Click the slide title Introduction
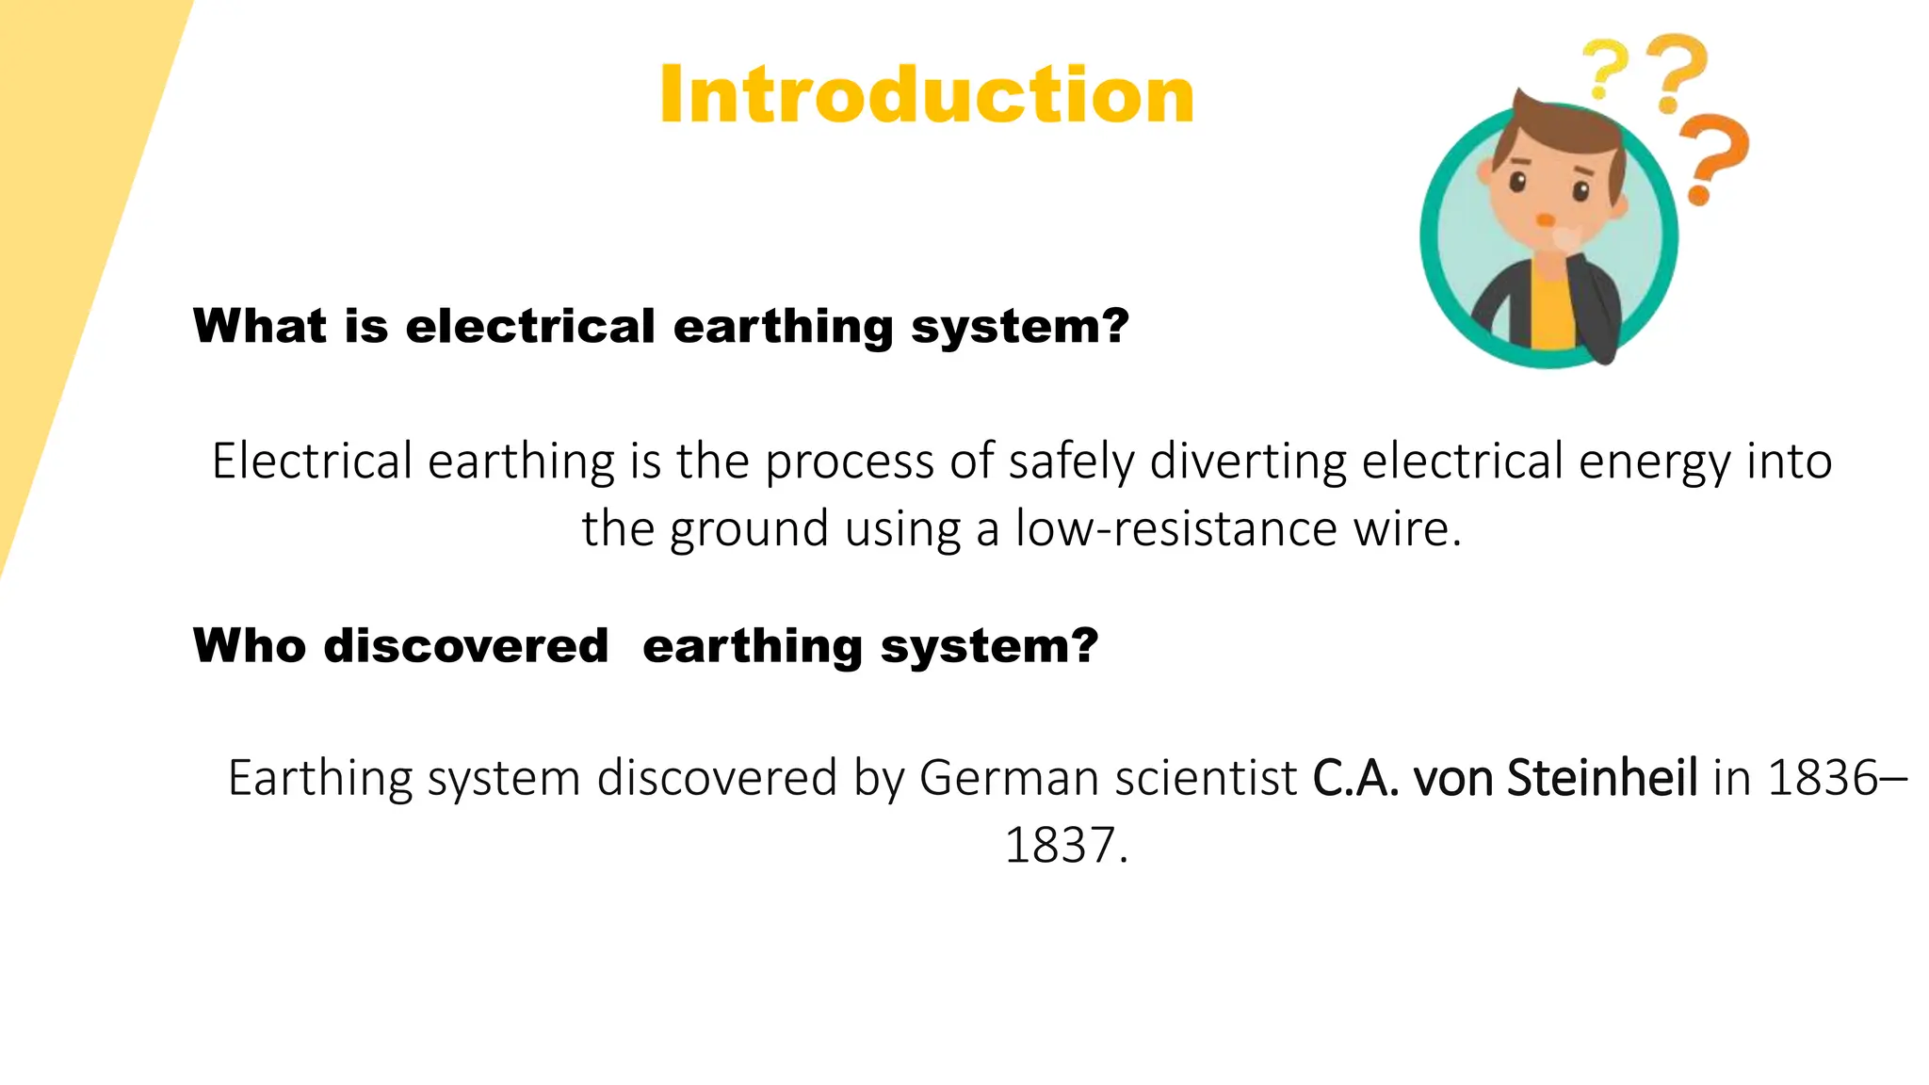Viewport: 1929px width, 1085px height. pos(927,94)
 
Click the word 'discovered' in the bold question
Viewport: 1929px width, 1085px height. pos(466,646)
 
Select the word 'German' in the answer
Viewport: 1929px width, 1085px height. pos(993,778)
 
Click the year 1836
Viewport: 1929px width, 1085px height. pos(1824,778)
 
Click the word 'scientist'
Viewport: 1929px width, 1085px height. pos(1235,778)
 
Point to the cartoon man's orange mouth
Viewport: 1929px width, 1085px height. pos(1545,220)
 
